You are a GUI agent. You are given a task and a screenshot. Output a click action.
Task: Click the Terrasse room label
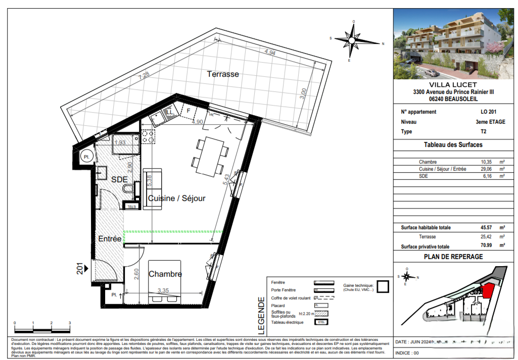223,74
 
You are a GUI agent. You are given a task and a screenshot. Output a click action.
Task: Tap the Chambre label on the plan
165,274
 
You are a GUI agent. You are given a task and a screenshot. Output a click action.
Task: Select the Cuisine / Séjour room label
176,198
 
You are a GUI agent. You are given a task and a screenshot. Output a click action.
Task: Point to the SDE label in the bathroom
119,179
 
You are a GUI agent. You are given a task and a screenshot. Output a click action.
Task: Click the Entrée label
110,239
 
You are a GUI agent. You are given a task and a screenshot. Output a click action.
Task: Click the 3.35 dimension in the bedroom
163,291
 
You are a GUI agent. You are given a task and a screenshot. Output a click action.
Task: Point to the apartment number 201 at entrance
80,268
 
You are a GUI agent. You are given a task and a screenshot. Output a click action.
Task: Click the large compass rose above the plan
353,40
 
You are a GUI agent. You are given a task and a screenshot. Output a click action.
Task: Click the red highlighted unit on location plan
488,291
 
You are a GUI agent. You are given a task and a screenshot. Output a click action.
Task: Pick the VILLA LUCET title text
453,85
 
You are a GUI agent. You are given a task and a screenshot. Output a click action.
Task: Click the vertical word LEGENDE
261,316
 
